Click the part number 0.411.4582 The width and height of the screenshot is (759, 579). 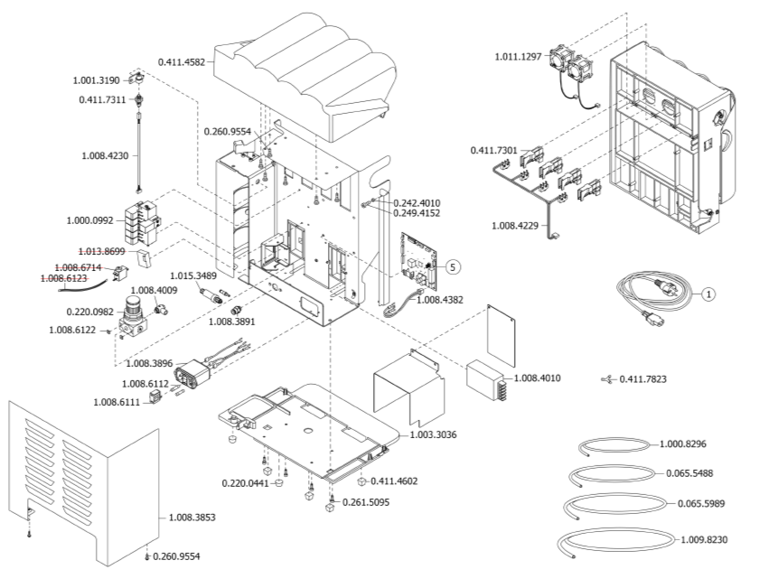tap(180, 61)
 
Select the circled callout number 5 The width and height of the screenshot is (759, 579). tap(453, 266)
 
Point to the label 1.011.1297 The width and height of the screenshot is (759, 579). tap(518, 57)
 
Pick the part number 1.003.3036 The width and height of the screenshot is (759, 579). tap(432, 434)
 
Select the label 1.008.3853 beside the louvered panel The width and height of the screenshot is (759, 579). tap(192, 518)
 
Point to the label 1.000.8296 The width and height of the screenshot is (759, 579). tap(683, 444)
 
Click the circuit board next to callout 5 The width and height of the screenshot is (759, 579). tap(420, 257)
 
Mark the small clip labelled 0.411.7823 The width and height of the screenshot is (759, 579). tap(605, 379)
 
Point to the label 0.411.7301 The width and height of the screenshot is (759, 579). tap(493, 150)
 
